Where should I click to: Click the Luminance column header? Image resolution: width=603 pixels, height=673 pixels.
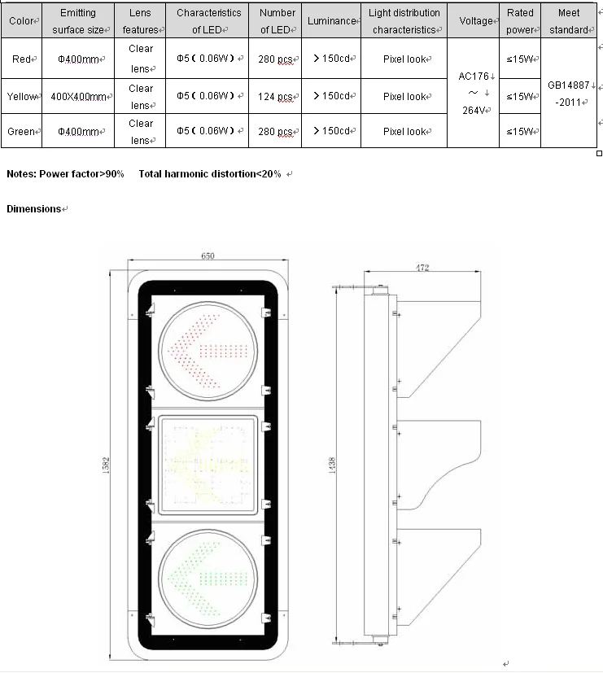(x=331, y=21)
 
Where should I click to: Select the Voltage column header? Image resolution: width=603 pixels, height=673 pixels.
(x=475, y=21)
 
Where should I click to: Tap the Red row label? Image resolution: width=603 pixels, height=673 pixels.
(x=21, y=59)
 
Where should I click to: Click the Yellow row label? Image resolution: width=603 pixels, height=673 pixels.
(x=22, y=97)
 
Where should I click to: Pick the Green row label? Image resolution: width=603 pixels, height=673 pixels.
(x=21, y=132)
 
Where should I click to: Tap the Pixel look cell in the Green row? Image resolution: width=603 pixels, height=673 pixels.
(x=404, y=132)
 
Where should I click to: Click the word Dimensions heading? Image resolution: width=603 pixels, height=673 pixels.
(x=33, y=209)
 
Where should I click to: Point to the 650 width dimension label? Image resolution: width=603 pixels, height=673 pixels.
(x=208, y=256)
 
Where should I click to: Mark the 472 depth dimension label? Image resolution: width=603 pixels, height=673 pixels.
(x=422, y=267)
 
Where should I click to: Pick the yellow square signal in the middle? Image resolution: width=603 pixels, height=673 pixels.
(x=208, y=465)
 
